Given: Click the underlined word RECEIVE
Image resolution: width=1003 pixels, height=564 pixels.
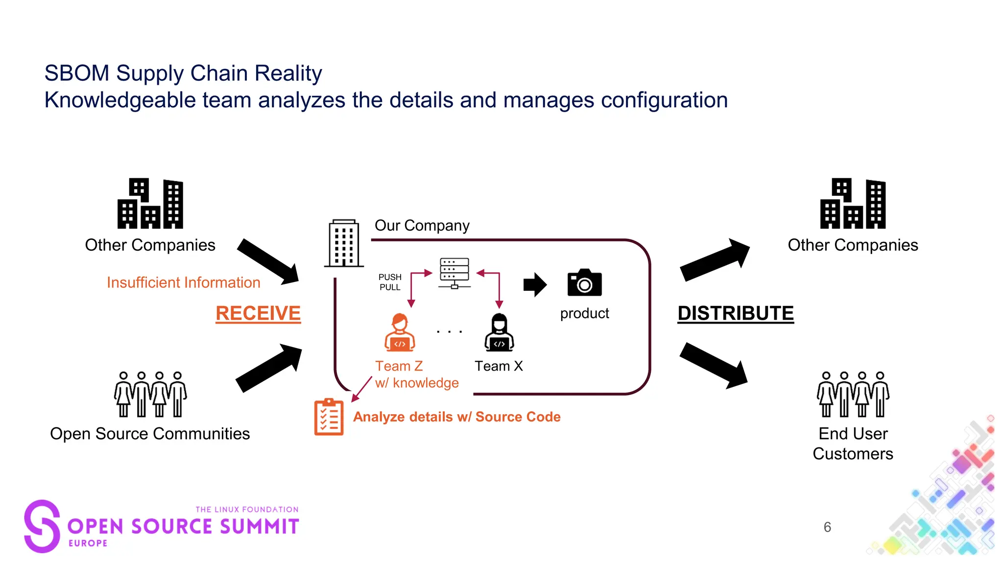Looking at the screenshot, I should [258, 313].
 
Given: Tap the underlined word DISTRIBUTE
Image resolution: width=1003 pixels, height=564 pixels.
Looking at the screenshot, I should [735, 313].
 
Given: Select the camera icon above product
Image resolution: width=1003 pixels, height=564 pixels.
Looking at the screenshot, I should [584, 283].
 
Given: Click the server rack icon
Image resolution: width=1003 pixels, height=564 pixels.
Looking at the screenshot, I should [454, 273].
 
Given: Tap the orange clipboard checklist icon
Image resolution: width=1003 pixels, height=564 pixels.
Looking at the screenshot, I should [329, 417].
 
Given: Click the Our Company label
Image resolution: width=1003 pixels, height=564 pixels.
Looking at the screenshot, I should [422, 225].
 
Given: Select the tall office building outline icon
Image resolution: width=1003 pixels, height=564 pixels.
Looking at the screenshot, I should [344, 243].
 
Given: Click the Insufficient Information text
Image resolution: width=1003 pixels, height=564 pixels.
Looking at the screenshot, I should [183, 282].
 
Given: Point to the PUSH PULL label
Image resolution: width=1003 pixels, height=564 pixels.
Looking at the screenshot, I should [390, 282].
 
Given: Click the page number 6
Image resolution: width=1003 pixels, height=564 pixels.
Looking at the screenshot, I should [827, 527].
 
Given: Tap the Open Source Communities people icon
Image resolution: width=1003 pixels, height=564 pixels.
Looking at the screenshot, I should [150, 394].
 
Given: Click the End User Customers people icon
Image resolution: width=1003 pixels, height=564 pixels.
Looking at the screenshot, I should [853, 394].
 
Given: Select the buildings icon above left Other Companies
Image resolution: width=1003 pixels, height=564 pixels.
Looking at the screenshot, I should [150, 204].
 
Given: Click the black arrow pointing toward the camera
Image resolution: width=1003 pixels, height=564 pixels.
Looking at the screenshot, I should [534, 284].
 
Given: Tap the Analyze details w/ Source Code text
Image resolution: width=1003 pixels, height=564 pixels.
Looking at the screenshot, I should [456, 417].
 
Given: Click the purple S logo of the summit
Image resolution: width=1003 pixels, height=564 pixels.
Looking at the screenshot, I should [42, 526].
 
